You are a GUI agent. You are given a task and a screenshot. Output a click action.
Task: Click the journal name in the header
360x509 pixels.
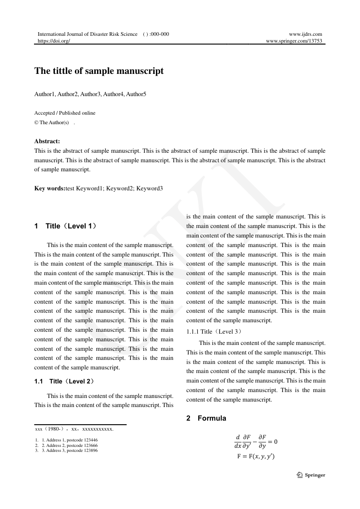[x=87, y=34]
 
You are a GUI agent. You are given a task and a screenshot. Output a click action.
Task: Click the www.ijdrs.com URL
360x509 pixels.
[x=305, y=34]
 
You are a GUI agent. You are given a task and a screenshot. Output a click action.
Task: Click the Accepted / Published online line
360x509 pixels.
[x=65, y=113]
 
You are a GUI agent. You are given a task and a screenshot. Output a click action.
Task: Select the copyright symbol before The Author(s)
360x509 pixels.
[x=36, y=122]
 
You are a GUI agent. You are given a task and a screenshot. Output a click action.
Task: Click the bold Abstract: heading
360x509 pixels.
[x=47, y=141]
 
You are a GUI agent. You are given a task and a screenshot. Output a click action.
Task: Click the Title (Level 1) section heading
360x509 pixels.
[x=71, y=226]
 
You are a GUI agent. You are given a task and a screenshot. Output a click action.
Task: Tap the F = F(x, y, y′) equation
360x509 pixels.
[x=256, y=456]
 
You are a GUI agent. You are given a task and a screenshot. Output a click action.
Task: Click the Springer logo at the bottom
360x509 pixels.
[x=311, y=475]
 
